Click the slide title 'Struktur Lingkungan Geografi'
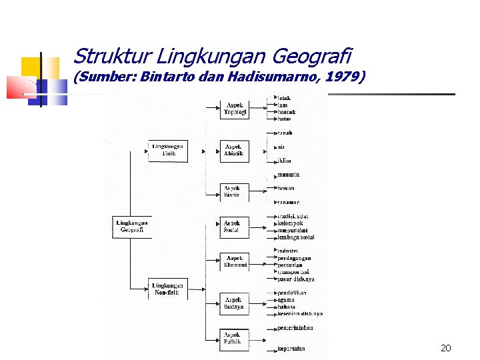click(212, 56)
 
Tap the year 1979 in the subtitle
click(343, 77)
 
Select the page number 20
click(446, 347)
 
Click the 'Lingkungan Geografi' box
click(131, 226)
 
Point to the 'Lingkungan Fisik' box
click(167, 151)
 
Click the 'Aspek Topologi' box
click(235, 109)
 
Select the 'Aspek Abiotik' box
click(234, 151)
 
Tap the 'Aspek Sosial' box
click(234, 227)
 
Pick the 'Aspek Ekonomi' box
click(235, 261)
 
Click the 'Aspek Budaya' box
click(234, 303)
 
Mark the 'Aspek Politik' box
click(234, 338)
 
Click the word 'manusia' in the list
click(288, 175)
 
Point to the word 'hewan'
click(286, 189)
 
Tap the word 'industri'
click(289, 251)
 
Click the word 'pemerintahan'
click(295, 327)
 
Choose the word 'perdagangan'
click(294, 258)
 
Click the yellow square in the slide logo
click(30, 67)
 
